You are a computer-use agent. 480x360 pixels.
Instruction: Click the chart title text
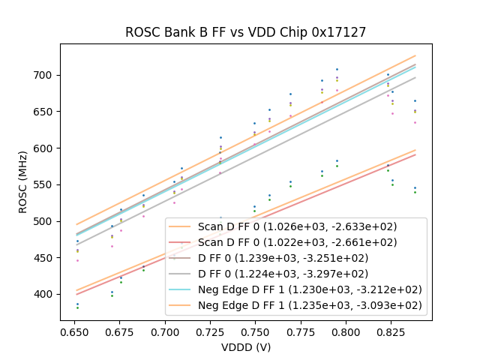pyautogui.click(x=245, y=33)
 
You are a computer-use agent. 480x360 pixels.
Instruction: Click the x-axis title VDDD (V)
pyautogui.click(x=245, y=347)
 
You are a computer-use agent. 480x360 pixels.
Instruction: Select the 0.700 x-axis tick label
pyautogui.click(x=164, y=331)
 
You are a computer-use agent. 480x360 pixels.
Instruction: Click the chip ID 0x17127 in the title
pyautogui.click(x=342, y=33)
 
